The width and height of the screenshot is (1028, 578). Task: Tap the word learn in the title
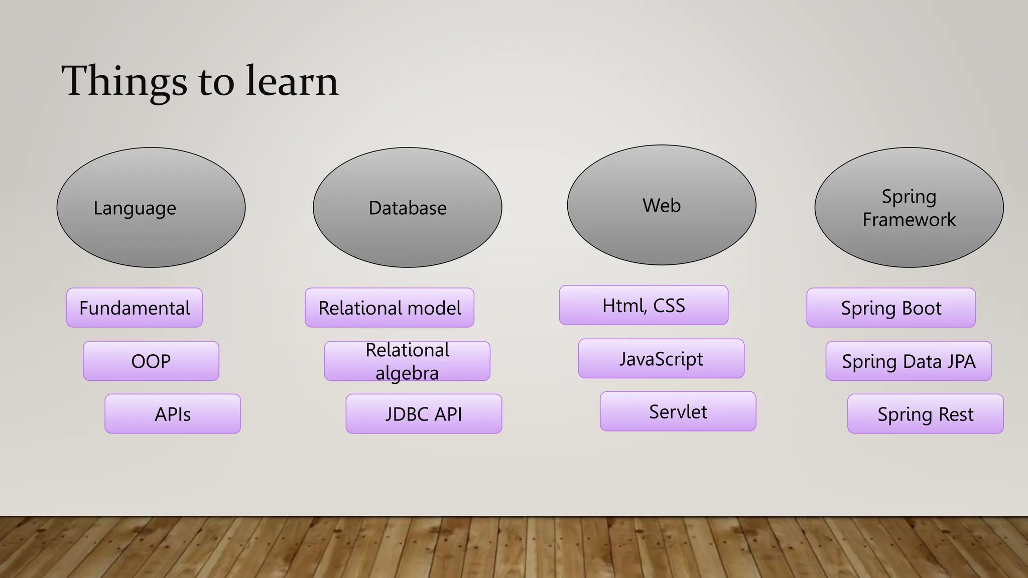(292, 81)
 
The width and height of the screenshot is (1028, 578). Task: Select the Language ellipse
(151, 207)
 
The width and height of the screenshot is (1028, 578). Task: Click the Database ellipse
(407, 207)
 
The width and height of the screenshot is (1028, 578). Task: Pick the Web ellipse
(662, 205)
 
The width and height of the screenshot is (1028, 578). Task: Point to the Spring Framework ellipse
(909, 207)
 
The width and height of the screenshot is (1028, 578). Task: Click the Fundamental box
(135, 308)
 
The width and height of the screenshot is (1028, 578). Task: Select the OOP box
(151, 361)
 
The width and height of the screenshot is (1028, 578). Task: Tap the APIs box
(173, 414)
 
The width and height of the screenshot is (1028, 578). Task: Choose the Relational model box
(390, 308)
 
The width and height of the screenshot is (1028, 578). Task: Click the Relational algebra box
(407, 361)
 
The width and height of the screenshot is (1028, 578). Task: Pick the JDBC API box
(424, 414)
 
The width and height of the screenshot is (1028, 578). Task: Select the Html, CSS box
(644, 305)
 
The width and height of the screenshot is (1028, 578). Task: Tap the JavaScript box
(661, 359)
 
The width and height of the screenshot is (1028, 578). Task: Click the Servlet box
(678, 411)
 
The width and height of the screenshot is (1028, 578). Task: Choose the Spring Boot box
(891, 308)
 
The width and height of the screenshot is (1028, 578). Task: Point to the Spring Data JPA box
(909, 361)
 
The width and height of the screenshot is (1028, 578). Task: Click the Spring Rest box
(925, 414)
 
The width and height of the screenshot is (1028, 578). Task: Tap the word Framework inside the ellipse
(909, 220)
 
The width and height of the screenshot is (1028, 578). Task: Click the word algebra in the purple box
(407, 373)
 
